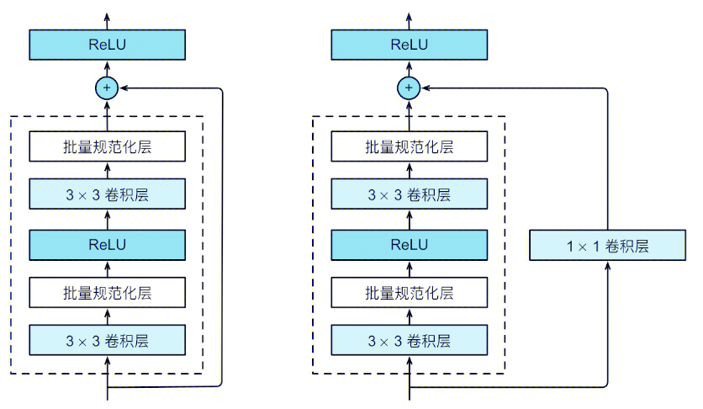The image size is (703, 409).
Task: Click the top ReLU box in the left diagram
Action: pyautogui.click(x=107, y=45)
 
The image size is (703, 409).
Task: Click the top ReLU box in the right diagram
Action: pyautogui.click(x=409, y=45)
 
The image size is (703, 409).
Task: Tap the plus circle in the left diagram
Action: pyautogui.click(x=107, y=87)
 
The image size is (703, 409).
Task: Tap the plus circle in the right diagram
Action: pyautogui.click(x=409, y=87)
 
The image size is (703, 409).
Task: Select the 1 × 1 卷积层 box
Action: pyautogui.click(x=607, y=246)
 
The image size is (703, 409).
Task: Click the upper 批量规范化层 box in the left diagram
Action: pyautogui.click(x=107, y=146)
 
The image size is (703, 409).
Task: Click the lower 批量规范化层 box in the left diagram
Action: pyautogui.click(x=107, y=293)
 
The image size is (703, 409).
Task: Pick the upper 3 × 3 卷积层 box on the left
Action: pyautogui.click(x=107, y=195)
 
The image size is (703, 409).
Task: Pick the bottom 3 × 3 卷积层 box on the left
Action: pyautogui.click(x=107, y=341)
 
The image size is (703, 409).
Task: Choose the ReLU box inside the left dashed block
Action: pyautogui.click(x=107, y=244)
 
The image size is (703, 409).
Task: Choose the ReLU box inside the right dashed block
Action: pyautogui.click(x=409, y=244)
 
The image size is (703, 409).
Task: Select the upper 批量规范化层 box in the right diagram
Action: pyautogui.click(x=409, y=146)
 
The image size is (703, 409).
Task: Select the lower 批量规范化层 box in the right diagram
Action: pyautogui.click(x=409, y=293)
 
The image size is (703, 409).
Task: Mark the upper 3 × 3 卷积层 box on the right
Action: pyautogui.click(x=409, y=195)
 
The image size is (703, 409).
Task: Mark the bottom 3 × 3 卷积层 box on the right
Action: pyautogui.click(x=409, y=341)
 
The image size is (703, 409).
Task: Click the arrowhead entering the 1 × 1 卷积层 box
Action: pyautogui.click(x=607, y=266)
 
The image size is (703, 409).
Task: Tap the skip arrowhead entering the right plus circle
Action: pyautogui.click(x=425, y=87)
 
